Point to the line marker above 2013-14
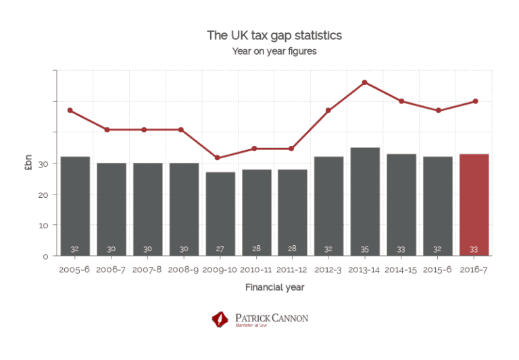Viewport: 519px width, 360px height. [x=365, y=82]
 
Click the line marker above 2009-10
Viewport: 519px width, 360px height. [x=217, y=158]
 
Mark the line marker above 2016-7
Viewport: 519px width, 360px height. [x=476, y=101]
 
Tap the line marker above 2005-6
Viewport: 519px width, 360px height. [x=70, y=110]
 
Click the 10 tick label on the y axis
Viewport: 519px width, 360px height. [x=43, y=226]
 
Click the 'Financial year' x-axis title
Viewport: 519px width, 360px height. [x=274, y=287]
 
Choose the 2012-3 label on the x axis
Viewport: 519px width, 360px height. [x=328, y=269]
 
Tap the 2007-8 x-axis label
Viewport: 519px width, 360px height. [x=147, y=269]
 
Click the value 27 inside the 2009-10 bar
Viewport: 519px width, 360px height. [x=220, y=249]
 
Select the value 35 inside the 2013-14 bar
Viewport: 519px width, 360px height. [x=365, y=249]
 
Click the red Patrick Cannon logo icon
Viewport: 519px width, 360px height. [x=220, y=318]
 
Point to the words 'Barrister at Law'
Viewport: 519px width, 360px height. [x=250, y=325]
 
